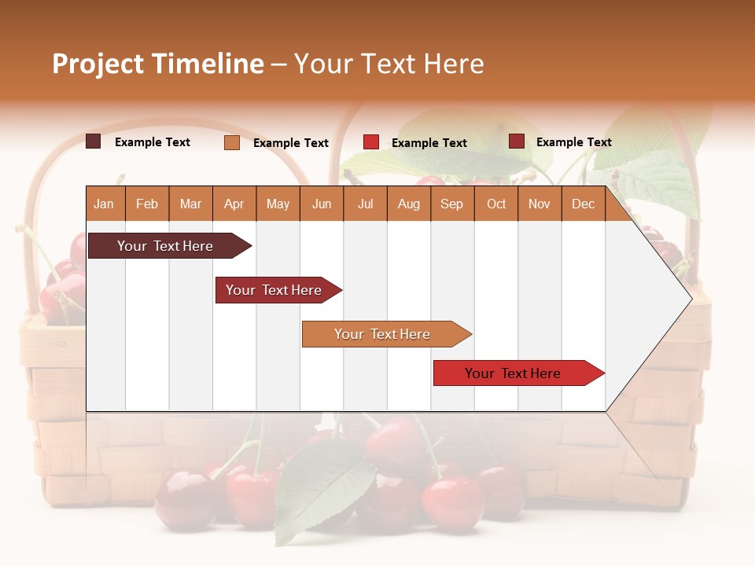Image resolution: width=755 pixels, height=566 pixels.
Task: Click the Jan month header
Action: (105, 204)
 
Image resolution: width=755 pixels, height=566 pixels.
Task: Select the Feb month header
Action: (147, 204)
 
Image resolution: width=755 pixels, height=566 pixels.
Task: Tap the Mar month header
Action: (190, 204)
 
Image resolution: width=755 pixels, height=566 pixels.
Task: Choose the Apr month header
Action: (234, 204)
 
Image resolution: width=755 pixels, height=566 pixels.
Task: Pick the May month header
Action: (278, 204)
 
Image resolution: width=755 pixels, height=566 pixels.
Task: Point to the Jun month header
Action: (322, 204)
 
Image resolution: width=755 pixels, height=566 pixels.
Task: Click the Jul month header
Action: (365, 204)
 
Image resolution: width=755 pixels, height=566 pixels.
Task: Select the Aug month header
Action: (409, 204)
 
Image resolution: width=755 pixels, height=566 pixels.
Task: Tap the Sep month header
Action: (452, 204)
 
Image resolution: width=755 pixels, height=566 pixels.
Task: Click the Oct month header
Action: (496, 204)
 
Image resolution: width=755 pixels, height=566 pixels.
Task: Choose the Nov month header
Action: (540, 204)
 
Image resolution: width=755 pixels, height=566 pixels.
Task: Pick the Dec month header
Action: (584, 204)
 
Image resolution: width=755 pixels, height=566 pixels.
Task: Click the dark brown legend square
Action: (93, 141)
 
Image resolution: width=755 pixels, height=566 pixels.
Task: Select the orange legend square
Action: (231, 142)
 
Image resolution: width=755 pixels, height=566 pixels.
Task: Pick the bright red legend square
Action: (371, 141)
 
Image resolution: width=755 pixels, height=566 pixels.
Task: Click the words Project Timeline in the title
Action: (158, 64)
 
